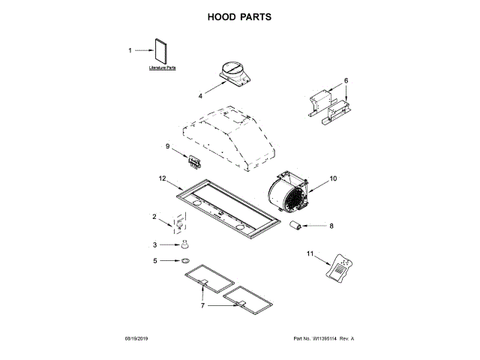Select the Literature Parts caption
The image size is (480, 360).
[x=161, y=68]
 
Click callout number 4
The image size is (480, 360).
[x=200, y=96]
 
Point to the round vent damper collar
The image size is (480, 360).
[x=234, y=73]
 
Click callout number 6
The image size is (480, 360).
[x=346, y=80]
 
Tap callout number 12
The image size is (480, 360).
[x=161, y=178]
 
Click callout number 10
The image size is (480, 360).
[x=333, y=178]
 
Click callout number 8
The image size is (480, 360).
[x=331, y=224]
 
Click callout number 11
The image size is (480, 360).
[x=309, y=254]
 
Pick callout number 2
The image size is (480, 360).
[x=154, y=217]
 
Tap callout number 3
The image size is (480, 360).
[x=155, y=244]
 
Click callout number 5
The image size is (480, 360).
[x=155, y=261]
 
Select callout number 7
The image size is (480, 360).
[x=202, y=306]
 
